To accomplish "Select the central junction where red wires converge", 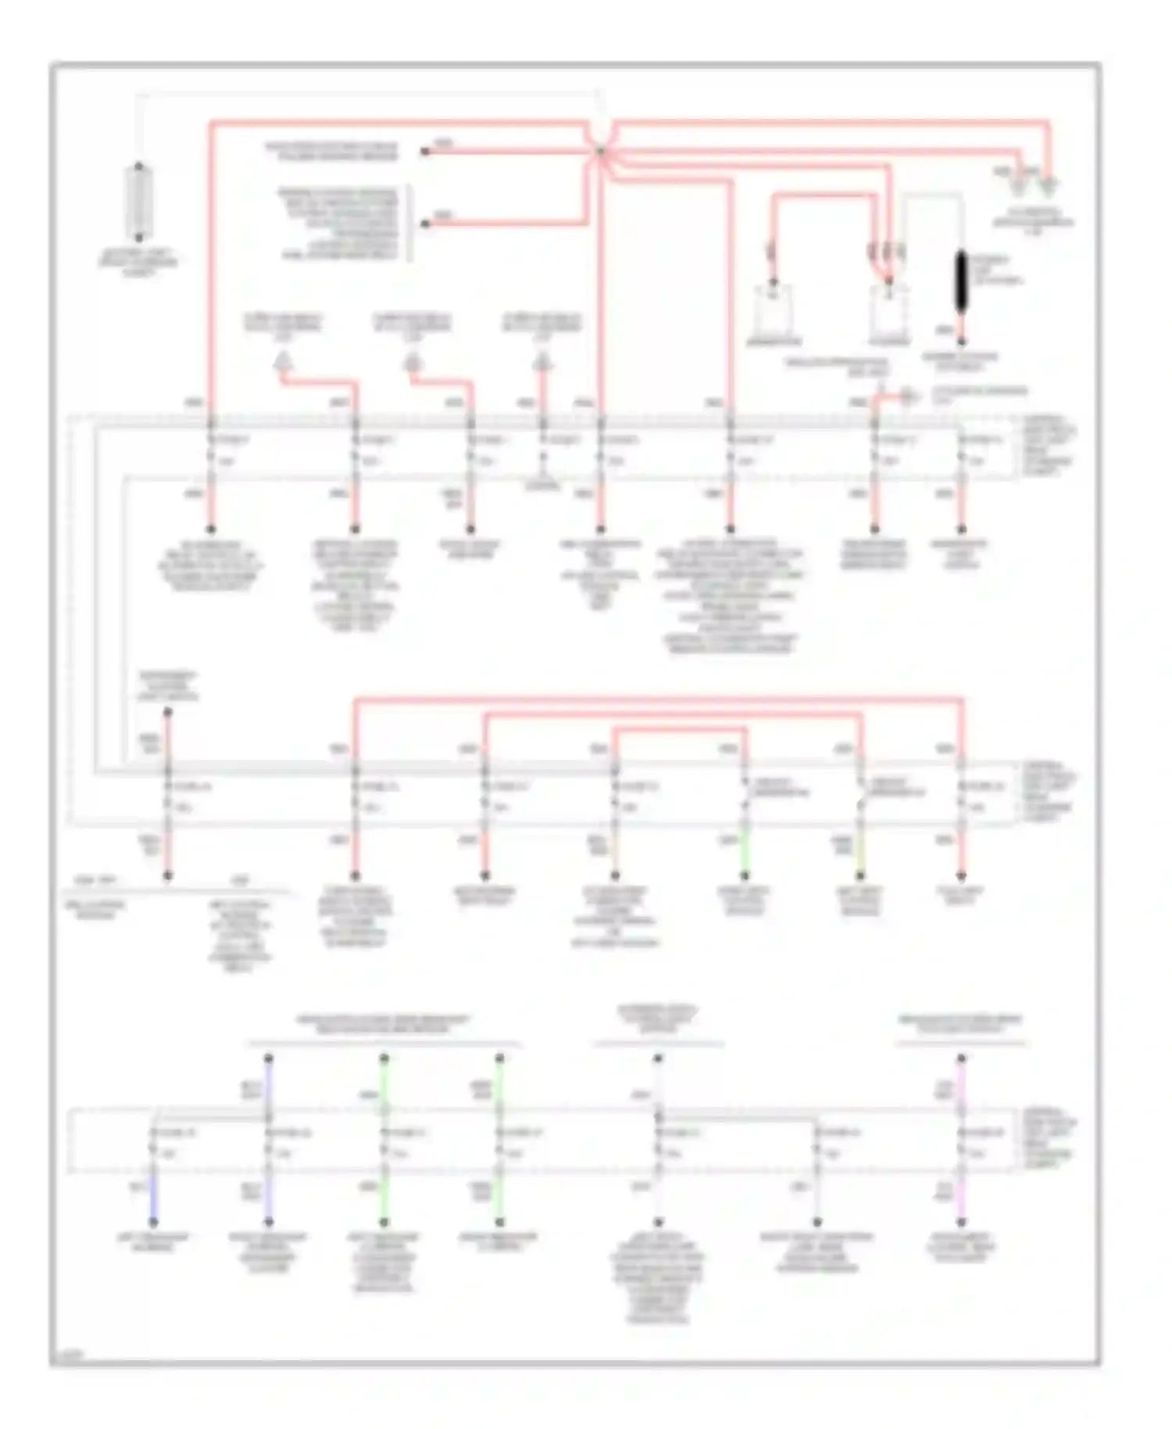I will (600, 151).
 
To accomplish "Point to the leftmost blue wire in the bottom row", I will (153, 1196).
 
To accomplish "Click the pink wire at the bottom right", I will (961, 1196).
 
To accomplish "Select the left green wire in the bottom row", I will (384, 1196).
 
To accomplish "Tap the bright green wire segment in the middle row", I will (745, 852).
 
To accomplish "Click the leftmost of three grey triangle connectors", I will (283, 361).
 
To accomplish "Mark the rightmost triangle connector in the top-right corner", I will (1049, 185).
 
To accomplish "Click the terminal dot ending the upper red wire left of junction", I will (425, 151).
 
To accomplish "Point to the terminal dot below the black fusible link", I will (961, 341).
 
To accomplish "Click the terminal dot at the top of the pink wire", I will (961, 1058).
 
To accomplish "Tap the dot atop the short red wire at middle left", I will (167, 712).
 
